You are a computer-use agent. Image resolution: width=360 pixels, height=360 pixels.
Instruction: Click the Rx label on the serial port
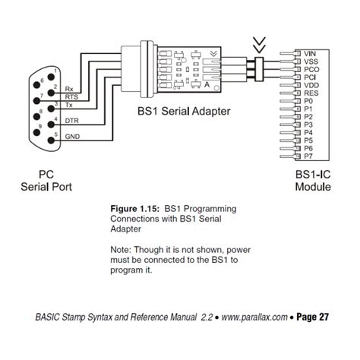[69, 90]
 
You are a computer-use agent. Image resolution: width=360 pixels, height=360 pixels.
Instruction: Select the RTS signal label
[71, 97]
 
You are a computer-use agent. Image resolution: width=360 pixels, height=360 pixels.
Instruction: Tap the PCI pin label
[311, 77]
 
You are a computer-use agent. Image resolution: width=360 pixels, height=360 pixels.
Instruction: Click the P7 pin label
[308, 156]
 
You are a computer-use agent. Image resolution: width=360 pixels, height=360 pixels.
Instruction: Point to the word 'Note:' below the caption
[123, 248]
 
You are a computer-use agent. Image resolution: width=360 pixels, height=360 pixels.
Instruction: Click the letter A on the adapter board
[207, 86]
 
